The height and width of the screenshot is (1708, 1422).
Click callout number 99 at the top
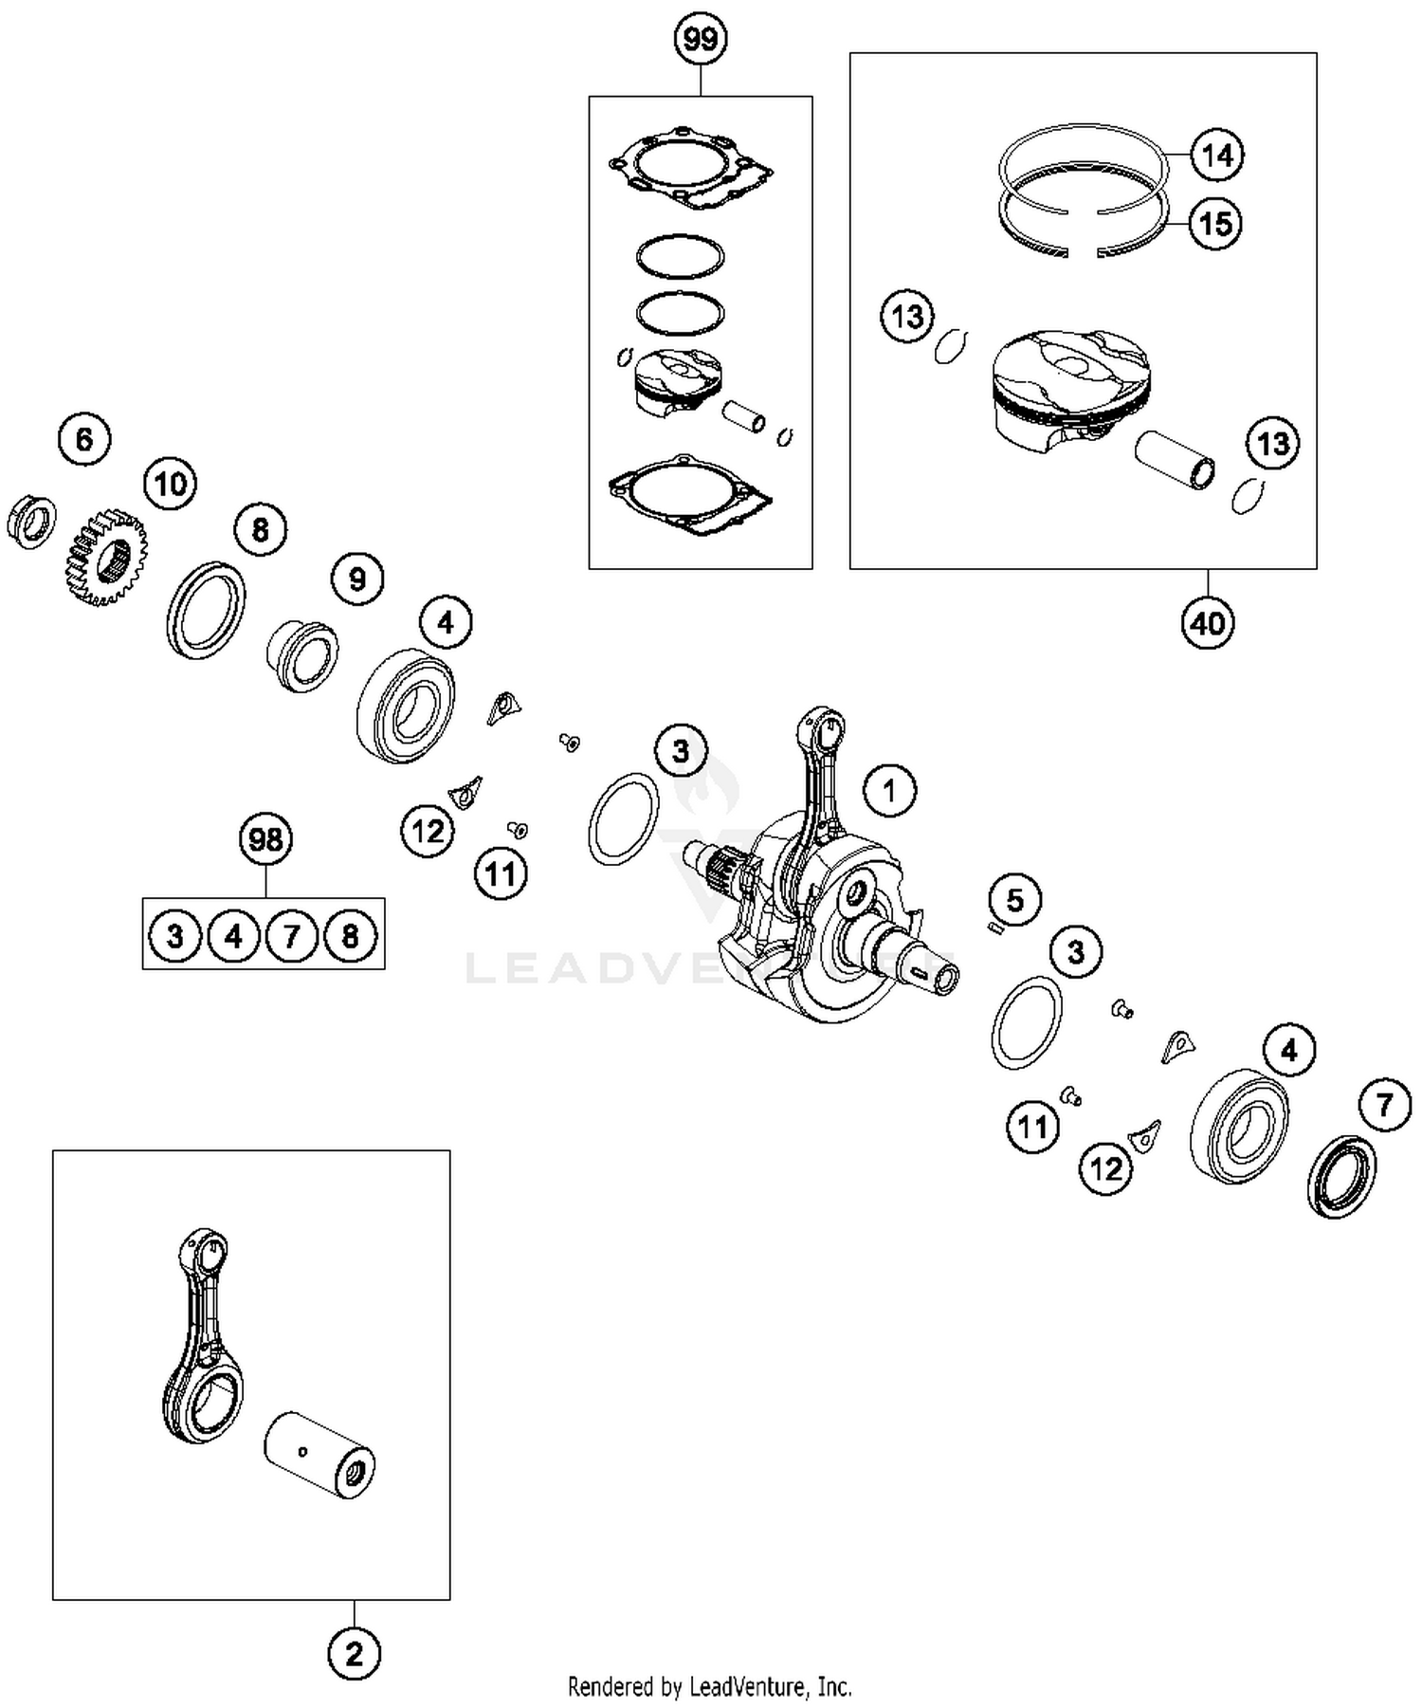pyautogui.click(x=700, y=39)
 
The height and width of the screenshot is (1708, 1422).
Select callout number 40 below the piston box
pyautogui.click(x=1208, y=623)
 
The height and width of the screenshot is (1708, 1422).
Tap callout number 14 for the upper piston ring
pyautogui.click(x=1216, y=154)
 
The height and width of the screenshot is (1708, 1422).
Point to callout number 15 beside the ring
pyautogui.click(x=1215, y=224)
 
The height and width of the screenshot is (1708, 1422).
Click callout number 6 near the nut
pyautogui.click(x=84, y=439)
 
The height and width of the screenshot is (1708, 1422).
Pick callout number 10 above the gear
pyautogui.click(x=170, y=484)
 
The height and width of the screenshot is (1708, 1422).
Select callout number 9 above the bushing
pyautogui.click(x=356, y=579)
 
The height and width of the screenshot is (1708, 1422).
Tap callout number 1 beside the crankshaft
pyautogui.click(x=888, y=790)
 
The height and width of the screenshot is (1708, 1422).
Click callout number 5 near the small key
pyautogui.click(x=1014, y=899)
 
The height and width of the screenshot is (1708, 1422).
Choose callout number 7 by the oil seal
pyautogui.click(x=1384, y=1104)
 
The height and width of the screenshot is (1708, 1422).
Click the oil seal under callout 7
pyautogui.click(x=1342, y=1176)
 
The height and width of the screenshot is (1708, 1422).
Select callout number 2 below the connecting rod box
pyautogui.click(x=354, y=1654)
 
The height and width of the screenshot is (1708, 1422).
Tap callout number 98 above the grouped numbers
pyautogui.click(x=264, y=839)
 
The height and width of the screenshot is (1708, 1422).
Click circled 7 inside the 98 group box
pyautogui.click(x=292, y=936)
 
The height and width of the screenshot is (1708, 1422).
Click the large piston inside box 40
pyautogui.click(x=1071, y=384)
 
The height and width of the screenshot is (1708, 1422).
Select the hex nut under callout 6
pyautogui.click(x=31, y=521)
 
